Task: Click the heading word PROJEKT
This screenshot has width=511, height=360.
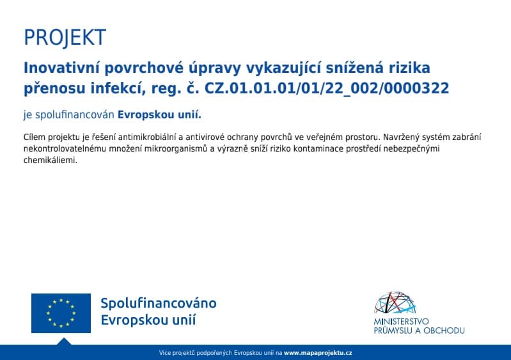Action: tap(65, 38)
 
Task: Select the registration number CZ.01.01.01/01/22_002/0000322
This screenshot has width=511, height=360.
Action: tap(327, 89)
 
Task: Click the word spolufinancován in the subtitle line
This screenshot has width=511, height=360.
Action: tap(75, 115)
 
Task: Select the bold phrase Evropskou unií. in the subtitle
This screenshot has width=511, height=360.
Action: tap(159, 115)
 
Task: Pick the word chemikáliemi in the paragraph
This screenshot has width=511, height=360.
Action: tap(50, 160)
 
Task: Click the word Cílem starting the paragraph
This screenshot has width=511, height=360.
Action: tap(35, 137)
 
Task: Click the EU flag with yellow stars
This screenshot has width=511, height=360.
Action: tap(61, 313)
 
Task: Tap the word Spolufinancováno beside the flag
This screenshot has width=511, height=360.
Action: tap(159, 303)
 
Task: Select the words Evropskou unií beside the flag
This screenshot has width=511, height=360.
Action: tap(148, 320)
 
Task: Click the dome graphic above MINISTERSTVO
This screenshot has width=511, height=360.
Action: tap(395, 302)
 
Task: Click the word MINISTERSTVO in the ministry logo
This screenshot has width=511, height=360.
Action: tap(401, 322)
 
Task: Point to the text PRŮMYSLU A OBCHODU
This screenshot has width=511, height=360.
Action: tap(419, 331)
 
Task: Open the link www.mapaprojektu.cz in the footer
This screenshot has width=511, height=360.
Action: tap(318, 353)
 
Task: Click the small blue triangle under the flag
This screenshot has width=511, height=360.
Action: tap(64, 341)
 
